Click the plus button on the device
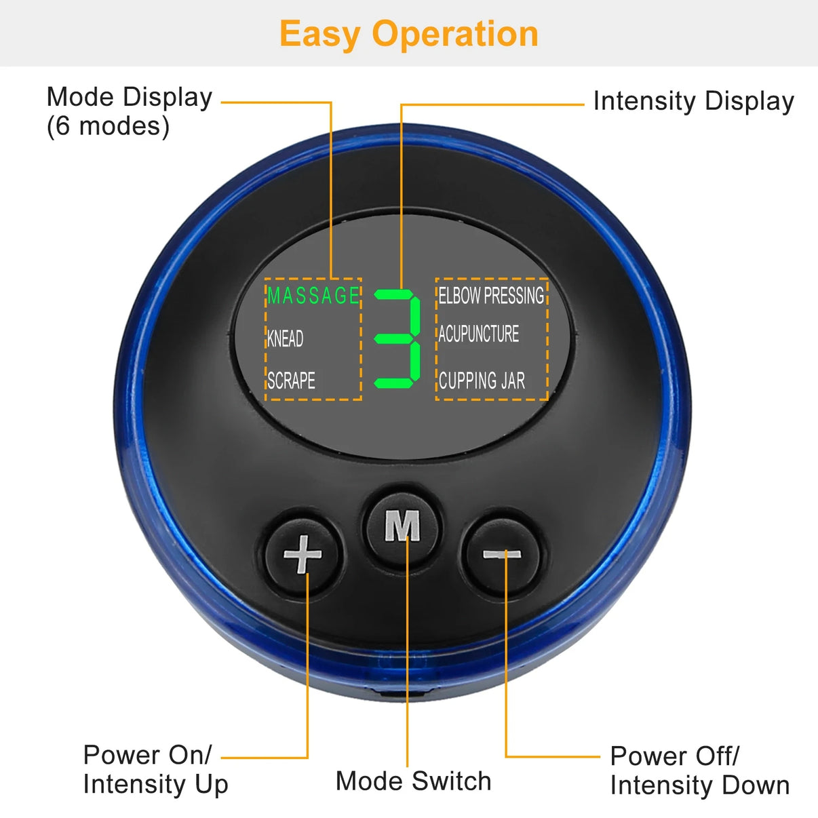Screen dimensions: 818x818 pos(303,554)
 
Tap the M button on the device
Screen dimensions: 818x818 pos(402,526)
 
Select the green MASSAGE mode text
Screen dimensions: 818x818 pos(313,296)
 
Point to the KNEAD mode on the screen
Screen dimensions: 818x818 pos(285,338)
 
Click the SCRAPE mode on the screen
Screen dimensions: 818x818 pos(291,381)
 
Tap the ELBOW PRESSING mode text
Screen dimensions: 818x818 pos(491,296)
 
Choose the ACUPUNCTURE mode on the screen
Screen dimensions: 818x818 pos(478,334)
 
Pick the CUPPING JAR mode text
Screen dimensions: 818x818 pos(482,381)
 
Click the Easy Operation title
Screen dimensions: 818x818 pos(409,34)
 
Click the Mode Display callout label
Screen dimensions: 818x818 pos(129,97)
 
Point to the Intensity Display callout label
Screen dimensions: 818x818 pos(693,101)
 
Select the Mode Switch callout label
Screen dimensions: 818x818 pos(413,781)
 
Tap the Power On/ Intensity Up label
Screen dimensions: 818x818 pos(155,769)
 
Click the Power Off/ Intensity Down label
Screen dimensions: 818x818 pos(699,771)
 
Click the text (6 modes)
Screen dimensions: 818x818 pos(108,126)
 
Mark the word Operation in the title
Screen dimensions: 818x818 pos(455,34)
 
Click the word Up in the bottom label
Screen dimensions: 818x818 pos(212,785)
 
